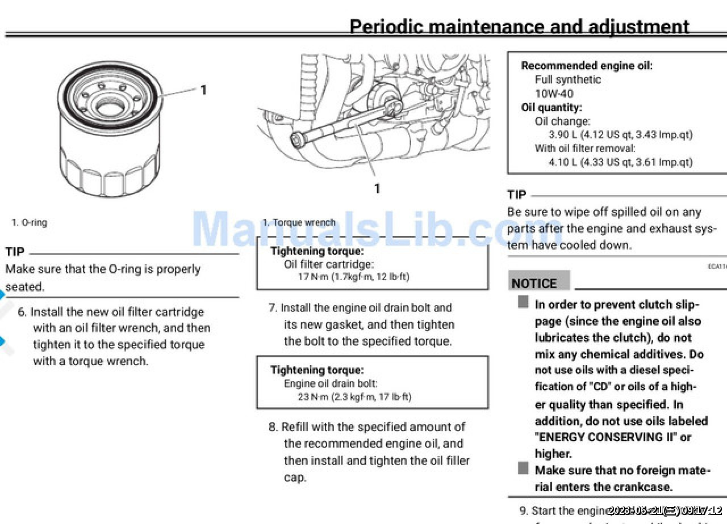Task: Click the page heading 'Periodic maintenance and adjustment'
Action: click(x=519, y=27)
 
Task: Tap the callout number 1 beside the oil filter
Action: click(x=203, y=90)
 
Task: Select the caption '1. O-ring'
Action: click(x=29, y=223)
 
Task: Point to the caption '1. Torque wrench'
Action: click(x=299, y=223)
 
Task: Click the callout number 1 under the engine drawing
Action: click(x=377, y=188)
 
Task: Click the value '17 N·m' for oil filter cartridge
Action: click(x=313, y=277)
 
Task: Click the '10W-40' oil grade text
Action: click(x=554, y=94)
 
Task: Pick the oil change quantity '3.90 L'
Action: click(x=563, y=135)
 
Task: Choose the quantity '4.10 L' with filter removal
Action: click(x=563, y=162)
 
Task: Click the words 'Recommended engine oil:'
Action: click(x=587, y=66)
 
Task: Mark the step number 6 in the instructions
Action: click(x=22, y=312)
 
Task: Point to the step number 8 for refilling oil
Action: click(x=273, y=427)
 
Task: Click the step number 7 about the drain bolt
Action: click(x=273, y=308)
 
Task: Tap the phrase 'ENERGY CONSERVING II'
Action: click(x=606, y=437)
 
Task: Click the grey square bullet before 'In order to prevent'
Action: click(x=523, y=302)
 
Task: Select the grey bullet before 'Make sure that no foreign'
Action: click(x=523, y=468)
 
